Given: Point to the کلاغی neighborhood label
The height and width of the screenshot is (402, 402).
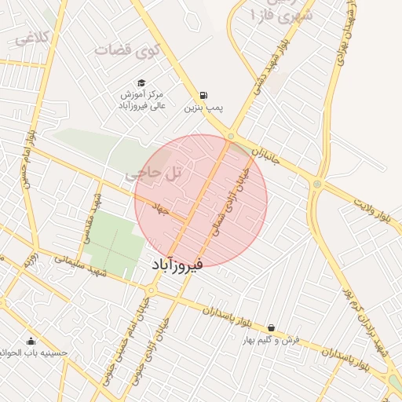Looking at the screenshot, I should [x=34, y=37].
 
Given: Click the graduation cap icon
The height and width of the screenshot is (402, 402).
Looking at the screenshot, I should [x=141, y=82].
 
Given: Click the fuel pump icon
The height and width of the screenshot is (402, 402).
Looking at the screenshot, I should [x=203, y=95].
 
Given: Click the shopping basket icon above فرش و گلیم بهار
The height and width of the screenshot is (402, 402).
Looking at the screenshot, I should [x=271, y=328].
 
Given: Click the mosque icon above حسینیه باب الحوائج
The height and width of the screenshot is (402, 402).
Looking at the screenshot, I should [x=31, y=340].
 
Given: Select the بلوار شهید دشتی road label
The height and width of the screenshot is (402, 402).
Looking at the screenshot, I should [x=267, y=75].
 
